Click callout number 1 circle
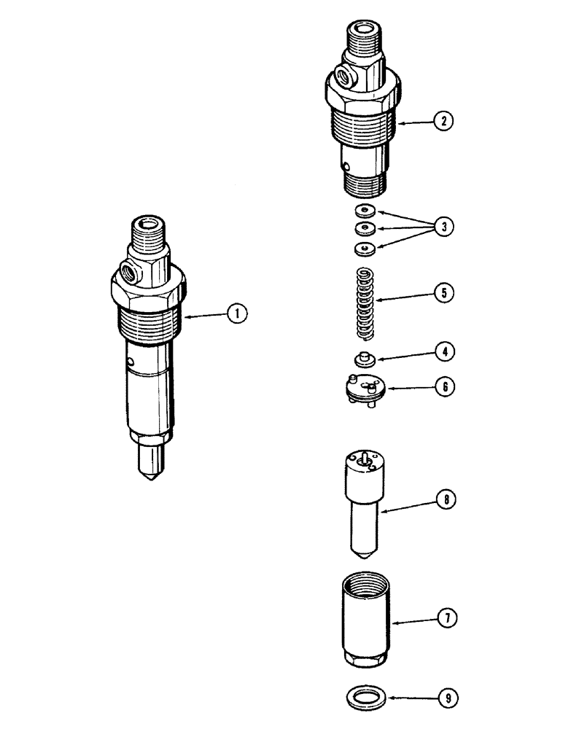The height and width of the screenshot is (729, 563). (237, 313)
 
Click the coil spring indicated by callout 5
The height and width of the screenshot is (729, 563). (365, 303)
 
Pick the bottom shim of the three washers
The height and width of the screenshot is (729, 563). (364, 249)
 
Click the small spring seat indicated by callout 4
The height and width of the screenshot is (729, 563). (364, 358)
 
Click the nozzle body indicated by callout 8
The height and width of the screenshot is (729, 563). (362, 496)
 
